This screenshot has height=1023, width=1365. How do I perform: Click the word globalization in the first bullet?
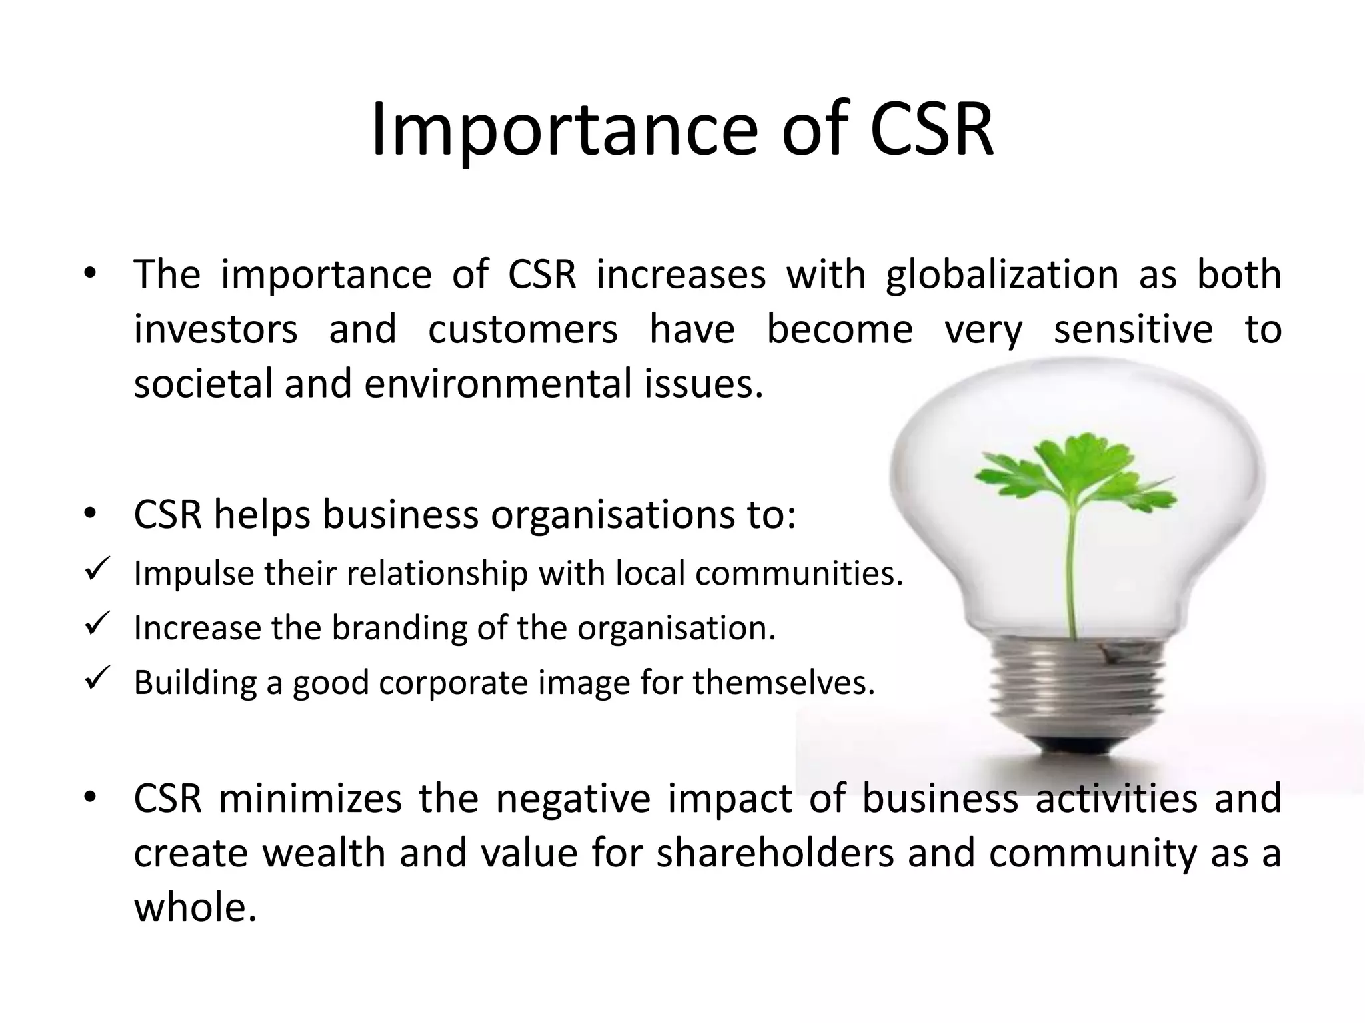[x=1002, y=275]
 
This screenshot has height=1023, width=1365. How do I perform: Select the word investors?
[x=215, y=330]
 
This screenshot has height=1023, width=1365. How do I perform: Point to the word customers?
[x=523, y=330]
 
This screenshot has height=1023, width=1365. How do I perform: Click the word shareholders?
[x=775, y=854]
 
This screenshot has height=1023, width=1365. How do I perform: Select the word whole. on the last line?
[x=195, y=908]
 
